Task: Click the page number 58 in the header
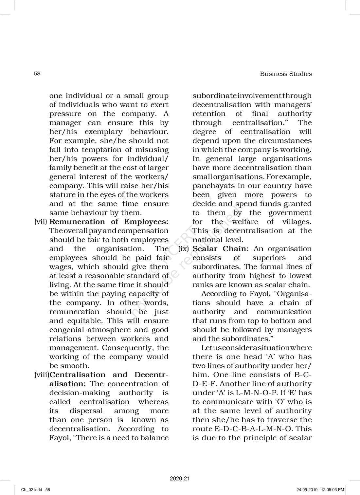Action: coord(37,73)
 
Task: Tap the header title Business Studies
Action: coord(286,74)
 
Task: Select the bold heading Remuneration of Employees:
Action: coord(109,222)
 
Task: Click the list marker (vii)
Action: coord(41,222)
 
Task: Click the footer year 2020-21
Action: coord(180,479)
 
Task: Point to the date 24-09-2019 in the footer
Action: coord(308,490)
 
